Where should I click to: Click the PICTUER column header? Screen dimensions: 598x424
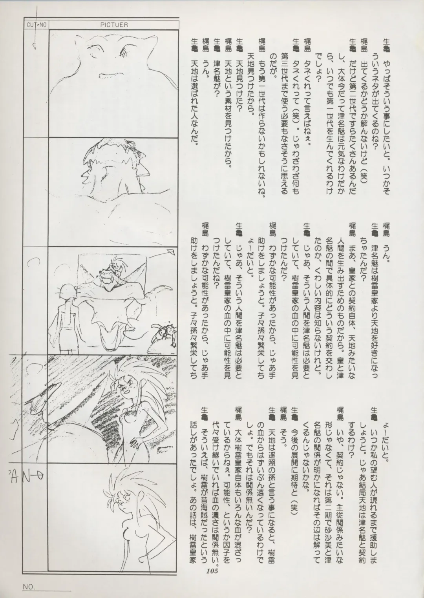[114, 25]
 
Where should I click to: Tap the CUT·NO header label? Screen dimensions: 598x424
[37, 25]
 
